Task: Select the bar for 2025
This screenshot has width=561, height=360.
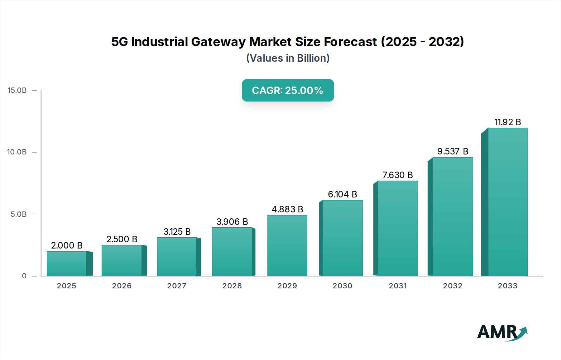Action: pos(66,263)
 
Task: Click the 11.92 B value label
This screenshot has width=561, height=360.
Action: pos(507,122)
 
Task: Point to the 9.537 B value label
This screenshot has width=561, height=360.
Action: pos(453,151)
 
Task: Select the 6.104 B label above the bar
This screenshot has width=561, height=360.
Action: pos(342,194)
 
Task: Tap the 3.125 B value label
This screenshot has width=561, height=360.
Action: pos(177,232)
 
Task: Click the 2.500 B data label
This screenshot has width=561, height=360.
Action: pos(122,239)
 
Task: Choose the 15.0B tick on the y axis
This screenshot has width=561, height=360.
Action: pos(17,90)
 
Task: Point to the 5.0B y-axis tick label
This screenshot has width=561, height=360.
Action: pos(19,214)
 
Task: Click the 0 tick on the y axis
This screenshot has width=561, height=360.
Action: pos(24,276)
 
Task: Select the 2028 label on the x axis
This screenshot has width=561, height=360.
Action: pos(232,286)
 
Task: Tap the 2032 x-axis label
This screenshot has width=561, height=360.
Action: pos(453,286)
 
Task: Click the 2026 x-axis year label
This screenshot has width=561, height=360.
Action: pos(122,286)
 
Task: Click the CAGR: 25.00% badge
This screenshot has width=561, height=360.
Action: pos(288,90)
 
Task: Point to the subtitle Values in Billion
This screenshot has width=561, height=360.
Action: pos(288,58)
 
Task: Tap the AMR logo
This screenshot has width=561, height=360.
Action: pos(502,333)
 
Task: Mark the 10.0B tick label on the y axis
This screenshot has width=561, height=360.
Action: pos(17,152)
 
